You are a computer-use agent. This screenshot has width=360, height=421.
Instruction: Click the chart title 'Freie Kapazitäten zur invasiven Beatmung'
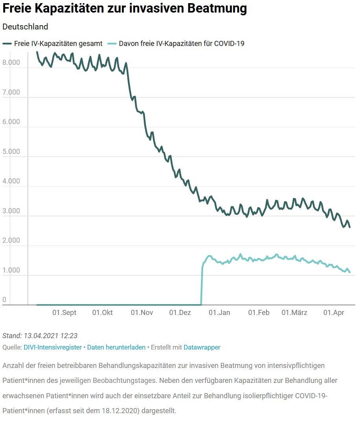coord(125,9)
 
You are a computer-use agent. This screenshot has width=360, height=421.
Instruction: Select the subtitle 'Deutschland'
coord(25,27)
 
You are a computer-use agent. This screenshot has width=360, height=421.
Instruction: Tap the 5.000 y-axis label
coord(11,152)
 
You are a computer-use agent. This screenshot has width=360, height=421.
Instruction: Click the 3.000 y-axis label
coord(11,211)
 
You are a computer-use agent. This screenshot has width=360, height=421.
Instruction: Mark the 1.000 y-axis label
coord(11,270)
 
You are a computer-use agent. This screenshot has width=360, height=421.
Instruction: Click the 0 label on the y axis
coord(4,300)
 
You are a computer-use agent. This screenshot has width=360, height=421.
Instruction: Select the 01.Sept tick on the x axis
coord(64,313)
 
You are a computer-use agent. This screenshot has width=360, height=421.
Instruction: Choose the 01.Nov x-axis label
coord(142,313)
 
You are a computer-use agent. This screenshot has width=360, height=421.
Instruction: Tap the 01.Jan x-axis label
coord(219,313)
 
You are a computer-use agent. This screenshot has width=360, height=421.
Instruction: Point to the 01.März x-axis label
coord(294,313)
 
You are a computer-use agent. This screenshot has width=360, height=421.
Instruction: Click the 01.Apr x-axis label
coord(333,313)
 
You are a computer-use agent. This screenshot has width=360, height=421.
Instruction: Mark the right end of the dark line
coord(350,227)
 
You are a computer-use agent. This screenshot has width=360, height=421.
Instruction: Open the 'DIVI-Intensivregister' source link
coord(53,347)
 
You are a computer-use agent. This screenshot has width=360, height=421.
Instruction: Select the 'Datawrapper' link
coord(202,347)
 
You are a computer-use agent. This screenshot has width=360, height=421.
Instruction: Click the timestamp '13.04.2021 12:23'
coord(50,335)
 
